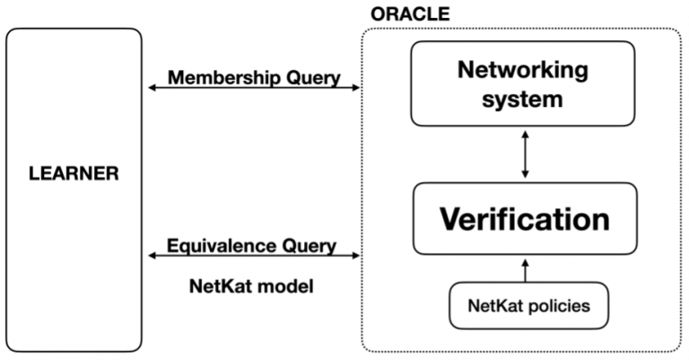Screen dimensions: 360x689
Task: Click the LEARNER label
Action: (x=74, y=173)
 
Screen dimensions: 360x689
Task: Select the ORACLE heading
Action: (x=409, y=15)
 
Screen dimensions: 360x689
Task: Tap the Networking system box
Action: (x=524, y=84)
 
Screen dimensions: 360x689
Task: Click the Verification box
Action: (x=524, y=218)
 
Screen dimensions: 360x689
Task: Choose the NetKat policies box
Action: (x=529, y=305)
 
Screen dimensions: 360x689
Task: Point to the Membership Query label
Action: (x=254, y=77)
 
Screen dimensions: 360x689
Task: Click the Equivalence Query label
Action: (x=252, y=245)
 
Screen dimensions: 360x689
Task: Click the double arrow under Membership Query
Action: (x=254, y=88)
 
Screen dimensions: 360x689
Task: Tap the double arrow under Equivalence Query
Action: (x=254, y=257)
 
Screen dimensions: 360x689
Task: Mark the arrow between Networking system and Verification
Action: (x=524, y=154)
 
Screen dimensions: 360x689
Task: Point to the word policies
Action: (x=561, y=305)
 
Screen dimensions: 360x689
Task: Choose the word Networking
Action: (x=523, y=70)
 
